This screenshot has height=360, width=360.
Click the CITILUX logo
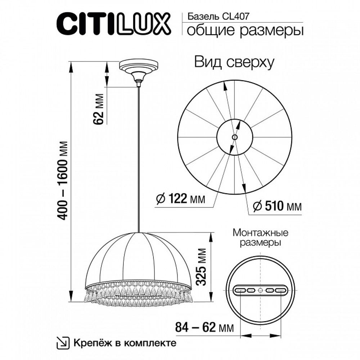click(112, 24)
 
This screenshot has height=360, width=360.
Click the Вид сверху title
click(234, 62)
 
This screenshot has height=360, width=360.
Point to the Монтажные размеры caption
click(261, 237)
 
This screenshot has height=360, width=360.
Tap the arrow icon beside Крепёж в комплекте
click(63, 342)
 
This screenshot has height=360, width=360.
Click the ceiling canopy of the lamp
click(139, 68)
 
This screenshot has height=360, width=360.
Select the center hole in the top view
click(234, 137)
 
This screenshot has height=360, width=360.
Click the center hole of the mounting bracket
click(261, 290)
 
